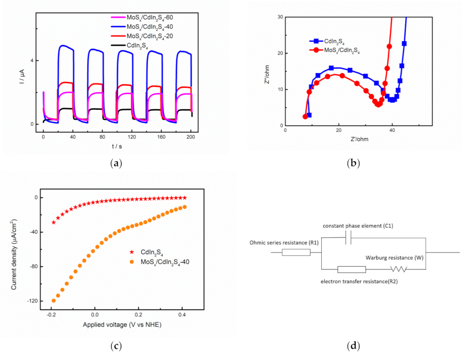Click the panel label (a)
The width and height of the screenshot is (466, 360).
click(x=116, y=164)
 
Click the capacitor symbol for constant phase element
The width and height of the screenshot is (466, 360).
click(x=348, y=238)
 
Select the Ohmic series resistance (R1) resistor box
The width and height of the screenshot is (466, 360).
click(x=296, y=252)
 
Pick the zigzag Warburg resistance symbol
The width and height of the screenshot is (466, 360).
click(x=399, y=269)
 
